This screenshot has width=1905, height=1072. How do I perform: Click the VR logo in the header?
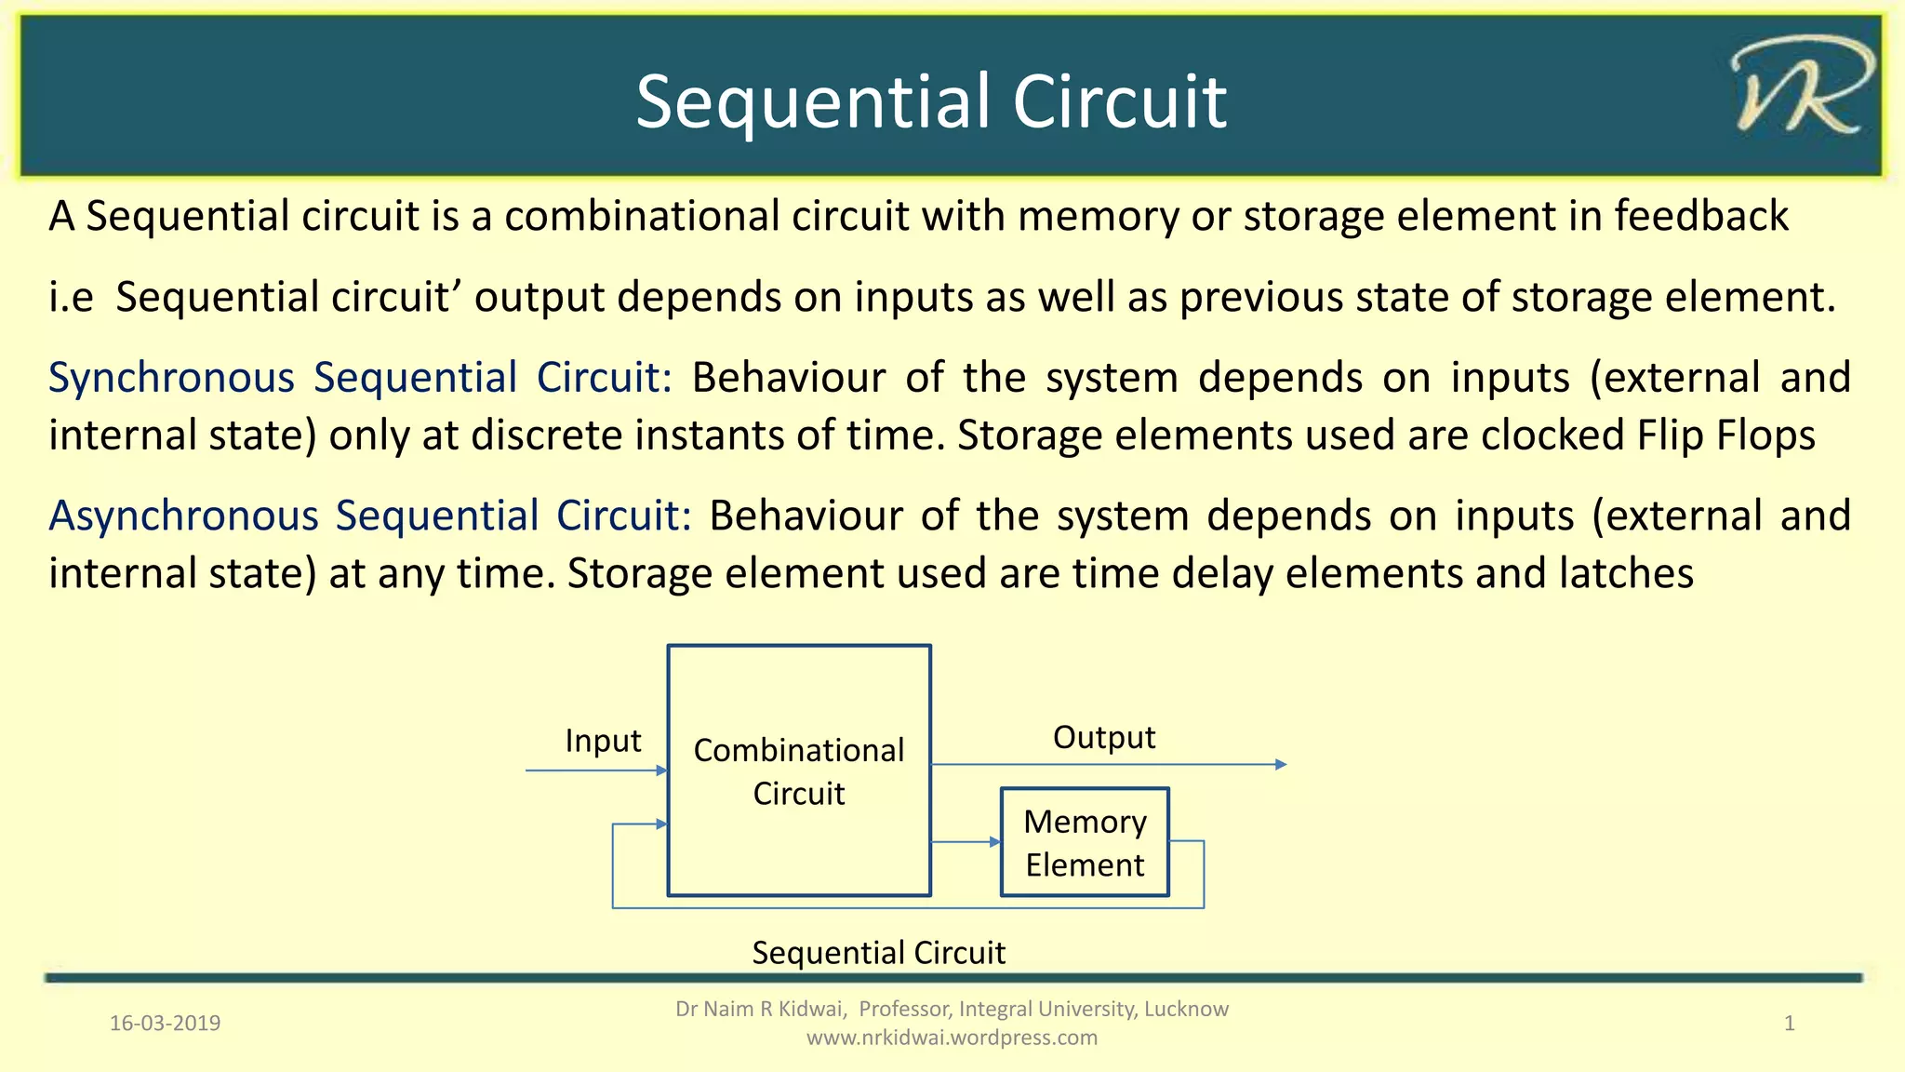[x=1801, y=88]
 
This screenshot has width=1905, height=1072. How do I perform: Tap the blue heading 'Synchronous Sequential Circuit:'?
[x=359, y=378]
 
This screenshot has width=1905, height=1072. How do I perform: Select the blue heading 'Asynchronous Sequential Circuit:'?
[x=370, y=516]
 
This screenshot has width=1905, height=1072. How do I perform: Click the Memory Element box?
[x=1085, y=842]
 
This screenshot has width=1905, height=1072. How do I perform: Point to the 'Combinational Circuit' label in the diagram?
[x=799, y=770]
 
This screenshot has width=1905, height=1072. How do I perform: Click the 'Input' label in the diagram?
[x=603, y=741]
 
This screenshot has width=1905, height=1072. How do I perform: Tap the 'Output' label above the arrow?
[x=1103, y=737]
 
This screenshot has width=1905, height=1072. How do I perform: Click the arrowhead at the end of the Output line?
[x=1281, y=765]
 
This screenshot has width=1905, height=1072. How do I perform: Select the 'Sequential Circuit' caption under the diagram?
[x=878, y=953]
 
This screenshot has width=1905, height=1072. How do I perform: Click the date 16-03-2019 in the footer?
[x=166, y=1024]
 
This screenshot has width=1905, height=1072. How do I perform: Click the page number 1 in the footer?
[x=1789, y=1024]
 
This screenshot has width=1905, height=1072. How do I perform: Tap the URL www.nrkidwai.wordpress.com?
[x=952, y=1038]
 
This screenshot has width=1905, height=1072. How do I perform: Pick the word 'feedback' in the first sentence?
[x=1700, y=216]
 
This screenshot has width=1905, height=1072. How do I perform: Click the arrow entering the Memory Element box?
[x=993, y=842]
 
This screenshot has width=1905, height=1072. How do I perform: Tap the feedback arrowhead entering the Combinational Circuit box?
[x=661, y=824]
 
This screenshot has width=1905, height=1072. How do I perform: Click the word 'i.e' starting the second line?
[x=72, y=298]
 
